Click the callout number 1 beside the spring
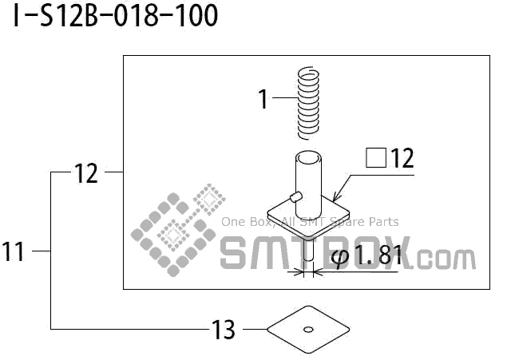[x=263, y=99]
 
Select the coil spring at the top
[x=307, y=101]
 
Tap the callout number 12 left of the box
[x=85, y=172]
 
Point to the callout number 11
[x=14, y=252]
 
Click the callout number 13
[x=224, y=329]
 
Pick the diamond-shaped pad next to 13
[x=308, y=327]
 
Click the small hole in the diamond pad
[x=308, y=327]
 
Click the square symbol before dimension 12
[x=376, y=158]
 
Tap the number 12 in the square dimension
[x=402, y=158]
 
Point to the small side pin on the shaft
[x=295, y=196]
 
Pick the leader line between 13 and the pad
[x=253, y=328]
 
